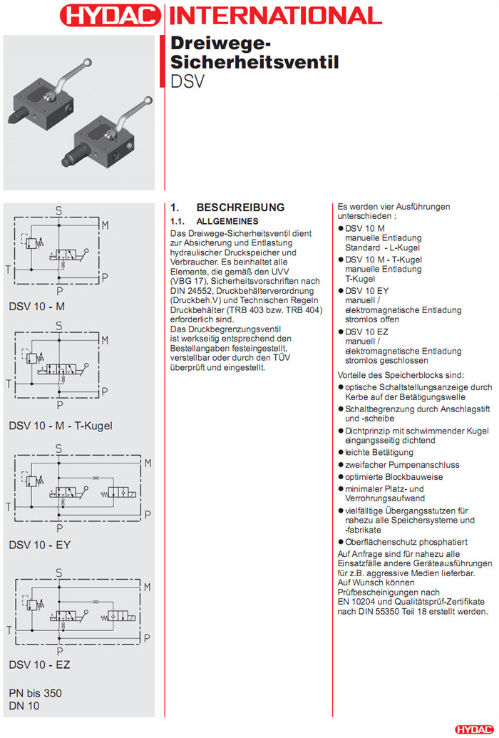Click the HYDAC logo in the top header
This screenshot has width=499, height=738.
(x=110, y=16)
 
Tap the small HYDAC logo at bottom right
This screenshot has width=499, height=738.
(x=473, y=729)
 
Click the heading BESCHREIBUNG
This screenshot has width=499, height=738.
(x=240, y=207)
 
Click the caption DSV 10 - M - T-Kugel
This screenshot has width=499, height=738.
(x=61, y=426)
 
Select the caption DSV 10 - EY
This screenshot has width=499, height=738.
(x=40, y=545)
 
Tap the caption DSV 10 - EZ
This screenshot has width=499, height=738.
(x=40, y=665)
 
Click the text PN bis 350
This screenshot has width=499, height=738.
(x=35, y=693)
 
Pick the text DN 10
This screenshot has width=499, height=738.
(x=24, y=706)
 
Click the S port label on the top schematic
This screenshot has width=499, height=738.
(x=59, y=209)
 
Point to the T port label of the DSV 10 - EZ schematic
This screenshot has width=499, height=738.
(x=8, y=630)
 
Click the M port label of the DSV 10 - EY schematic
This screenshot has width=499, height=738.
(x=148, y=463)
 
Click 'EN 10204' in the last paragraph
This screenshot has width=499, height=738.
(x=361, y=603)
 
